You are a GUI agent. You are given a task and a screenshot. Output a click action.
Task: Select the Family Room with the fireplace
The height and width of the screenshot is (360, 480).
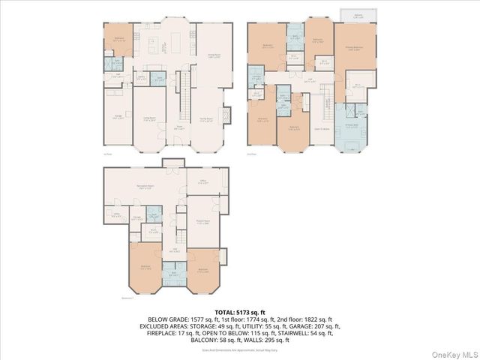coord(208,120)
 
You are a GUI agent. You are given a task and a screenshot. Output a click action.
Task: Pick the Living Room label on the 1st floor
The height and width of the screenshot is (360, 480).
coord(149,118)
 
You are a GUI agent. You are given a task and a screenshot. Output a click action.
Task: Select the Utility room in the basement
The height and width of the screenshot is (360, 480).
coord(117,214)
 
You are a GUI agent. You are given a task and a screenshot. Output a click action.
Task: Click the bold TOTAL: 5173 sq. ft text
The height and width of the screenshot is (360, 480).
coord(239,311)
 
